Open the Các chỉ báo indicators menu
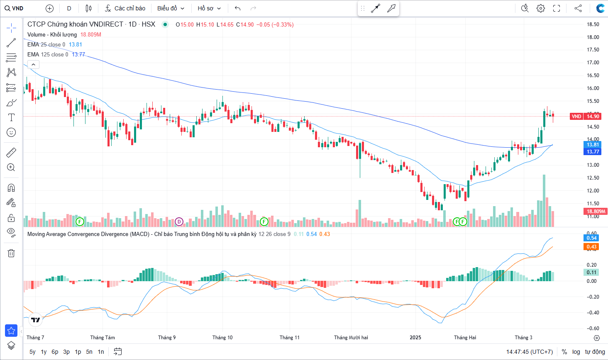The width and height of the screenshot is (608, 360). click(125, 8)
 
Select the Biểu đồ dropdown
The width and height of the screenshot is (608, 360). click(171, 8)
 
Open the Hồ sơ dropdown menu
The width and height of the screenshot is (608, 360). click(209, 8)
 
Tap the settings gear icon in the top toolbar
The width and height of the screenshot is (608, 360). click(540, 8)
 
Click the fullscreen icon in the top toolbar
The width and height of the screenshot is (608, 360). click(557, 8)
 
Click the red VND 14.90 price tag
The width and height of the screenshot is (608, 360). click(585, 117)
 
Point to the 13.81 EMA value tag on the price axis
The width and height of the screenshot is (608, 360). click(592, 145)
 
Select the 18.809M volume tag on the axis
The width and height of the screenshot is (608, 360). click(596, 212)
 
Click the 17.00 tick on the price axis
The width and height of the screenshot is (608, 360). click(593, 63)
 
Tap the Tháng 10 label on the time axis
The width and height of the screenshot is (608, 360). click(222, 338)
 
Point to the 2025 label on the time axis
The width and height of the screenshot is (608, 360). click(415, 338)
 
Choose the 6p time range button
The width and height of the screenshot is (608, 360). click(55, 352)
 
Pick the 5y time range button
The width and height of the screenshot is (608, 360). click(32, 352)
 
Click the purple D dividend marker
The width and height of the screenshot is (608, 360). click(179, 221)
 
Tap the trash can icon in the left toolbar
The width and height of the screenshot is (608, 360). click(11, 253)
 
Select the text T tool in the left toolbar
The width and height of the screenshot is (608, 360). click(11, 118)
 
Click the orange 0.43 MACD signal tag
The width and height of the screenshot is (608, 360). click(591, 246)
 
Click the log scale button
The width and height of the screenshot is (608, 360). click(576, 352)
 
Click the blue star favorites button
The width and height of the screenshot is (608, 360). click(11, 331)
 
